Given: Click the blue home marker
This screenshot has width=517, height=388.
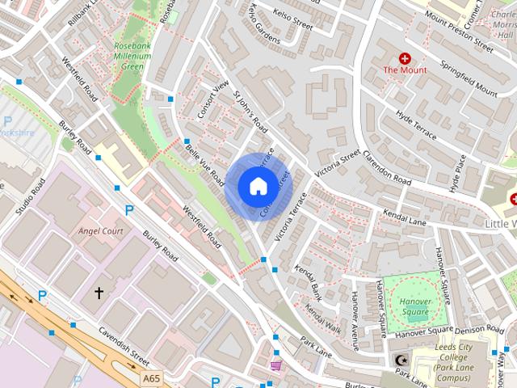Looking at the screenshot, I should click(257, 186).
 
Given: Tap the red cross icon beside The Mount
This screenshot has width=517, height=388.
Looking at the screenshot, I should click(405, 59).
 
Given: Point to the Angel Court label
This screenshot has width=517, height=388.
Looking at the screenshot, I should click(99, 230).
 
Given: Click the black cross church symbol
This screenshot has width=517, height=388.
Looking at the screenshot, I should click(99, 293).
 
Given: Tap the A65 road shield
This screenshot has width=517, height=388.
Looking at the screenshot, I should click(150, 377).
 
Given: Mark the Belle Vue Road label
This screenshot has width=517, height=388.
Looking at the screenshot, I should click(204, 161).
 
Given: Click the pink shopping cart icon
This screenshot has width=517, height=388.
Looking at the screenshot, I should click(276, 365).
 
